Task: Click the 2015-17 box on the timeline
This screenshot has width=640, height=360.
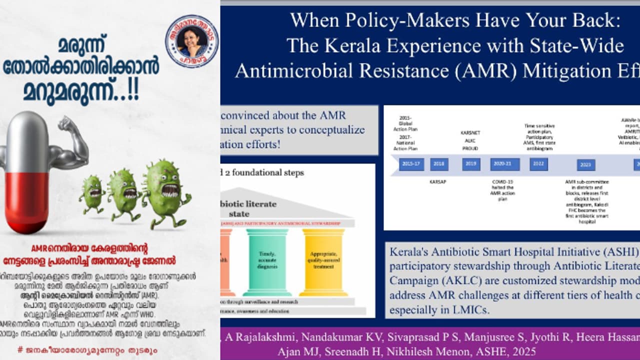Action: [x=411, y=164]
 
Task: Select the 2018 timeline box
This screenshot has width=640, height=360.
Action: [x=439, y=164]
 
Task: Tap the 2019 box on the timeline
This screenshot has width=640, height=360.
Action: [x=471, y=164]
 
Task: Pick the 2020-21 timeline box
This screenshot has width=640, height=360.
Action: [x=504, y=164]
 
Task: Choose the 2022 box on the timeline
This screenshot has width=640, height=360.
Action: [x=538, y=164]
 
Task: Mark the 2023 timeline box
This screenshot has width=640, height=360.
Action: [x=585, y=165]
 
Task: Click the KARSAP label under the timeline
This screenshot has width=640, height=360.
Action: [x=437, y=181]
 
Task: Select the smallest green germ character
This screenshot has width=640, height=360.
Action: [x=91, y=192]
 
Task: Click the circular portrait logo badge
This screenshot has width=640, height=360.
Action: [x=191, y=41]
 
